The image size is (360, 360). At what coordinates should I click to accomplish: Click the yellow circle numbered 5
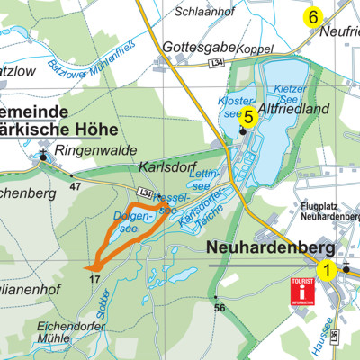249,115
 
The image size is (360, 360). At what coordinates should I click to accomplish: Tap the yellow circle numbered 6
313,16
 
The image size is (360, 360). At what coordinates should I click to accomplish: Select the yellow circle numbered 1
328,268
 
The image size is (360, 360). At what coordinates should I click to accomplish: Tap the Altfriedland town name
294,109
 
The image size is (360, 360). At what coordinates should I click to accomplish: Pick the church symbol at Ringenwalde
43,159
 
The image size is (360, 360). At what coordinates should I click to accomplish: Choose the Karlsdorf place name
166,167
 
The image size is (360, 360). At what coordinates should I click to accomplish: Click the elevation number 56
219,307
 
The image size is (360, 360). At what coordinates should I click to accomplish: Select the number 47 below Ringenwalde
74,187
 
